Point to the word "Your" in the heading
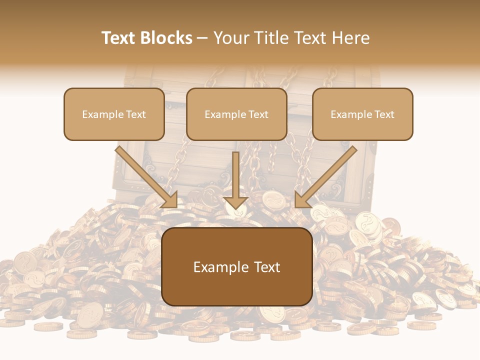coord(230,38)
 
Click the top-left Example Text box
coord(114,114)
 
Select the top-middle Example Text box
coord(236,114)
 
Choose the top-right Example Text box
coord(362,114)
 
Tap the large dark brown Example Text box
coord(237,267)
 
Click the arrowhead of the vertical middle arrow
coord(236,202)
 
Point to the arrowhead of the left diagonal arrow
coord(170,200)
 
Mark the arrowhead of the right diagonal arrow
coord(302,200)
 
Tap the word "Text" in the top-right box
coord(384,114)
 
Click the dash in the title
coord(202,38)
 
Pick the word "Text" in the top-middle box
coord(258,114)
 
